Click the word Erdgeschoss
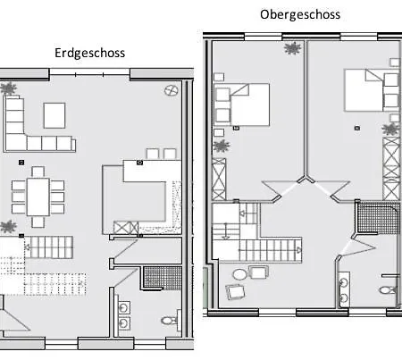[89, 53]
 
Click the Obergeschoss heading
[300, 14]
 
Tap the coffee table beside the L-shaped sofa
[54, 115]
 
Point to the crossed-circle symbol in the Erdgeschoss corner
[172, 90]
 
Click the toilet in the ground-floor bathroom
[169, 321]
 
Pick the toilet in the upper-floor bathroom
[388, 289]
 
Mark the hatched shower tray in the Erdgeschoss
[163, 278]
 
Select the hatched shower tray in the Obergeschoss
[379, 218]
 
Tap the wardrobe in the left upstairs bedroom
[219, 179]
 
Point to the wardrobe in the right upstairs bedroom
[391, 169]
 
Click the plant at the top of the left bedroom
[292, 48]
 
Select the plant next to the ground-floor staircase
[8, 227]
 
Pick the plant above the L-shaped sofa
[8, 88]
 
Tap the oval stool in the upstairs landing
[239, 274]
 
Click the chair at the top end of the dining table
[38, 172]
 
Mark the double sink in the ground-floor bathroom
[124, 315]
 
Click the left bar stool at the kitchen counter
[153, 154]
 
